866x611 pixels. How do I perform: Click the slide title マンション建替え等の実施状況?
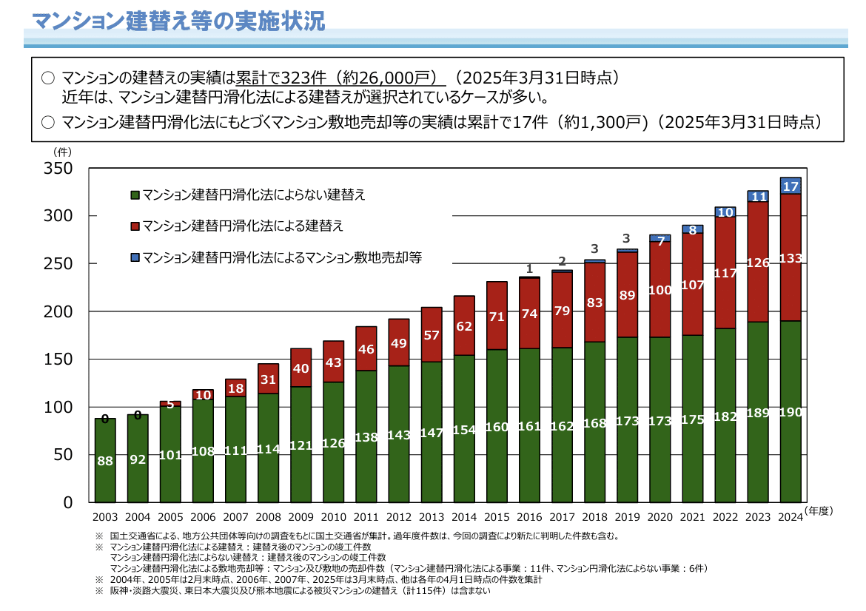pos(178,20)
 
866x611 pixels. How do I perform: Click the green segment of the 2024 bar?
pos(791,444)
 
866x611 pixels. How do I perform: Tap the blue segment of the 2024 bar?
pos(791,186)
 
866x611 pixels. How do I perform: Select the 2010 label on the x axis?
pos(333,517)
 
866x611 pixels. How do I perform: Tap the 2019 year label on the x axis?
pos(627,517)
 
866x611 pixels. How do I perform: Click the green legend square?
pos(135,195)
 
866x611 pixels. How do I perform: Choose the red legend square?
pos(135,226)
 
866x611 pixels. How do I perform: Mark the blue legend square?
pos(135,257)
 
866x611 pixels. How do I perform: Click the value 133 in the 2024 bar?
pos(791,258)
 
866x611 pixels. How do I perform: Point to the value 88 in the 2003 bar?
pos(105,461)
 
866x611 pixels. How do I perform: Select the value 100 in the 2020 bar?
pos(659,291)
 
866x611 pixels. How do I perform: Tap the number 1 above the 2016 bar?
pos(529,269)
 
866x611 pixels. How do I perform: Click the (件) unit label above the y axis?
pos(61,151)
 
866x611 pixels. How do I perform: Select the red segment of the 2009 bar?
pos(301,368)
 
